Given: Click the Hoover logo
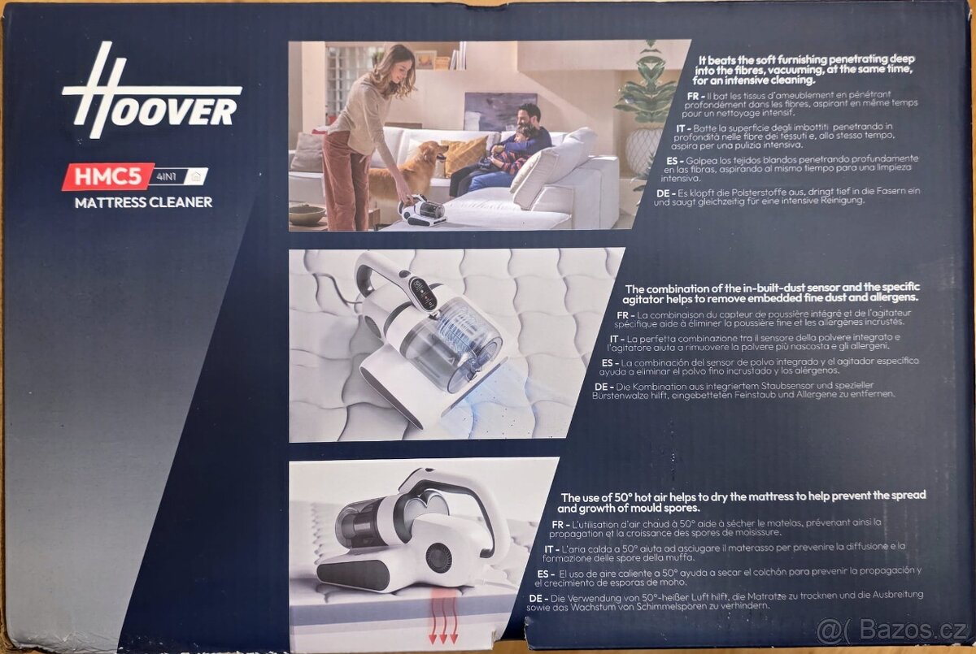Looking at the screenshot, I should pos(151,94).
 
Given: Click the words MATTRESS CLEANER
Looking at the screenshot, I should pos(143,202).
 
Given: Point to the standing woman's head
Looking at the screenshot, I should pos(393,62).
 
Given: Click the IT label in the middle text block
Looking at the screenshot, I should pos(616,338).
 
